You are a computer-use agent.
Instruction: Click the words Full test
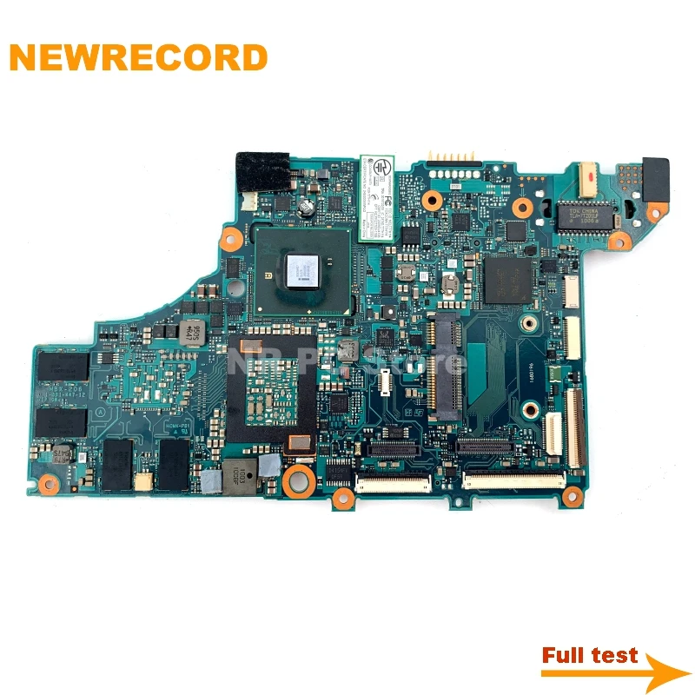(x=589, y=655)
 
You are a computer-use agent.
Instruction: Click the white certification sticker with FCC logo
(x=380, y=196)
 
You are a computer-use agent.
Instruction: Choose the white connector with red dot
(x=592, y=178)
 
